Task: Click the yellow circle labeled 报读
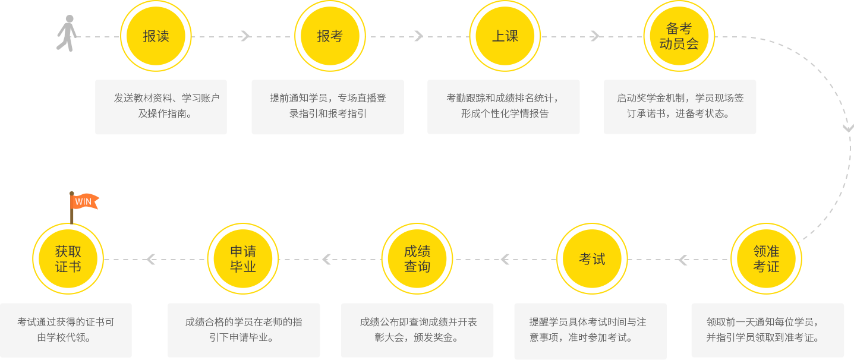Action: (156, 36)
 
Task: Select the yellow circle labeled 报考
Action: (330, 36)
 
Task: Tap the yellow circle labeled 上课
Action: (505, 36)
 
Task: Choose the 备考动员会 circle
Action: (679, 36)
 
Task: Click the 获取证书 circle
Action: (68, 259)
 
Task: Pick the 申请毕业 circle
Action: (242, 259)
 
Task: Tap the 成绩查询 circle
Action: (417, 259)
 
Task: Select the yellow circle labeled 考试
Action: (591, 259)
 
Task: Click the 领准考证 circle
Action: (765, 259)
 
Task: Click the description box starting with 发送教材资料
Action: (161, 107)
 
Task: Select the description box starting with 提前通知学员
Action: (327, 107)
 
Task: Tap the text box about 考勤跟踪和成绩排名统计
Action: (503, 107)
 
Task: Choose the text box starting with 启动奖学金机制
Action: (680, 107)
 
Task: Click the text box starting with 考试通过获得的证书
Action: (66, 330)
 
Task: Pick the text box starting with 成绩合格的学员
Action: (243, 330)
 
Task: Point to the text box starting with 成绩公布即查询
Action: (417, 330)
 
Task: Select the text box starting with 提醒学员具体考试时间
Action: (590, 330)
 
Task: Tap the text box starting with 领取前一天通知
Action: (767, 330)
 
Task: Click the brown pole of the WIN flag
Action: (71, 214)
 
